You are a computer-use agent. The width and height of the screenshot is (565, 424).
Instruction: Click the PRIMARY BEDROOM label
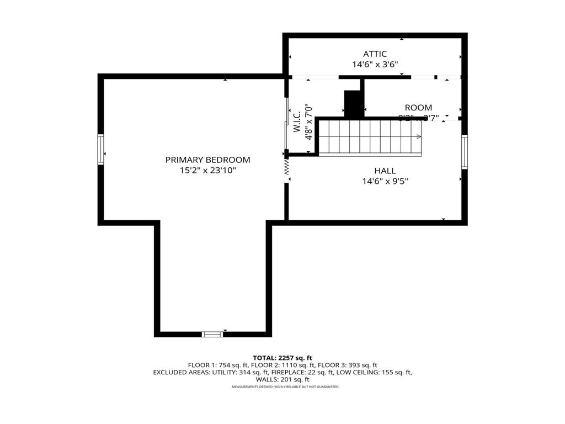[x=207, y=160]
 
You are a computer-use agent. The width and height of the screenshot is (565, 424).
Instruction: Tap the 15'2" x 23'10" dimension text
[x=207, y=171]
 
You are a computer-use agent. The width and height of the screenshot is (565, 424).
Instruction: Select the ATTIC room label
[x=375, y=54]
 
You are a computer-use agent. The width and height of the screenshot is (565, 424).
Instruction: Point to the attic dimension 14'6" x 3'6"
[x=375, y=64]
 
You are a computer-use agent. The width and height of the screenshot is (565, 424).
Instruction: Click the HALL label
[x=385, y=171]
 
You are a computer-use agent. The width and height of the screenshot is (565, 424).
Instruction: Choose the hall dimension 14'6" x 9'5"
[x=385, y=181]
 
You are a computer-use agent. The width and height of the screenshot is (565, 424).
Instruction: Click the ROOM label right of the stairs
[x=418, y=108]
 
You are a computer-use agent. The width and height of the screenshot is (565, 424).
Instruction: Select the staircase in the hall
[x=370, y=137]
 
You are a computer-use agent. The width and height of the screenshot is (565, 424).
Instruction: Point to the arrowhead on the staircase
[x=419, y=137]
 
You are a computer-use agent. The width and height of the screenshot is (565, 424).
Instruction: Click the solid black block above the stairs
[x=353, y=103]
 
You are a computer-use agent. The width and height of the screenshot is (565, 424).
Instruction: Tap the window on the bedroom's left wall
[x=101, y=149]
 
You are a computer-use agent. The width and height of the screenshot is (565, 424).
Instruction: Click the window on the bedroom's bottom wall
[x=212, y=334]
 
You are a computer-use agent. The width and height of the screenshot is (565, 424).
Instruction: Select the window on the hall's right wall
[x=464, y=152]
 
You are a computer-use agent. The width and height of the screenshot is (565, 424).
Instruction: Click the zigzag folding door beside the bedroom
[x=287, y=167]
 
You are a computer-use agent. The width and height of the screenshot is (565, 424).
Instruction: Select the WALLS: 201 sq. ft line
[x=282, y=379]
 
